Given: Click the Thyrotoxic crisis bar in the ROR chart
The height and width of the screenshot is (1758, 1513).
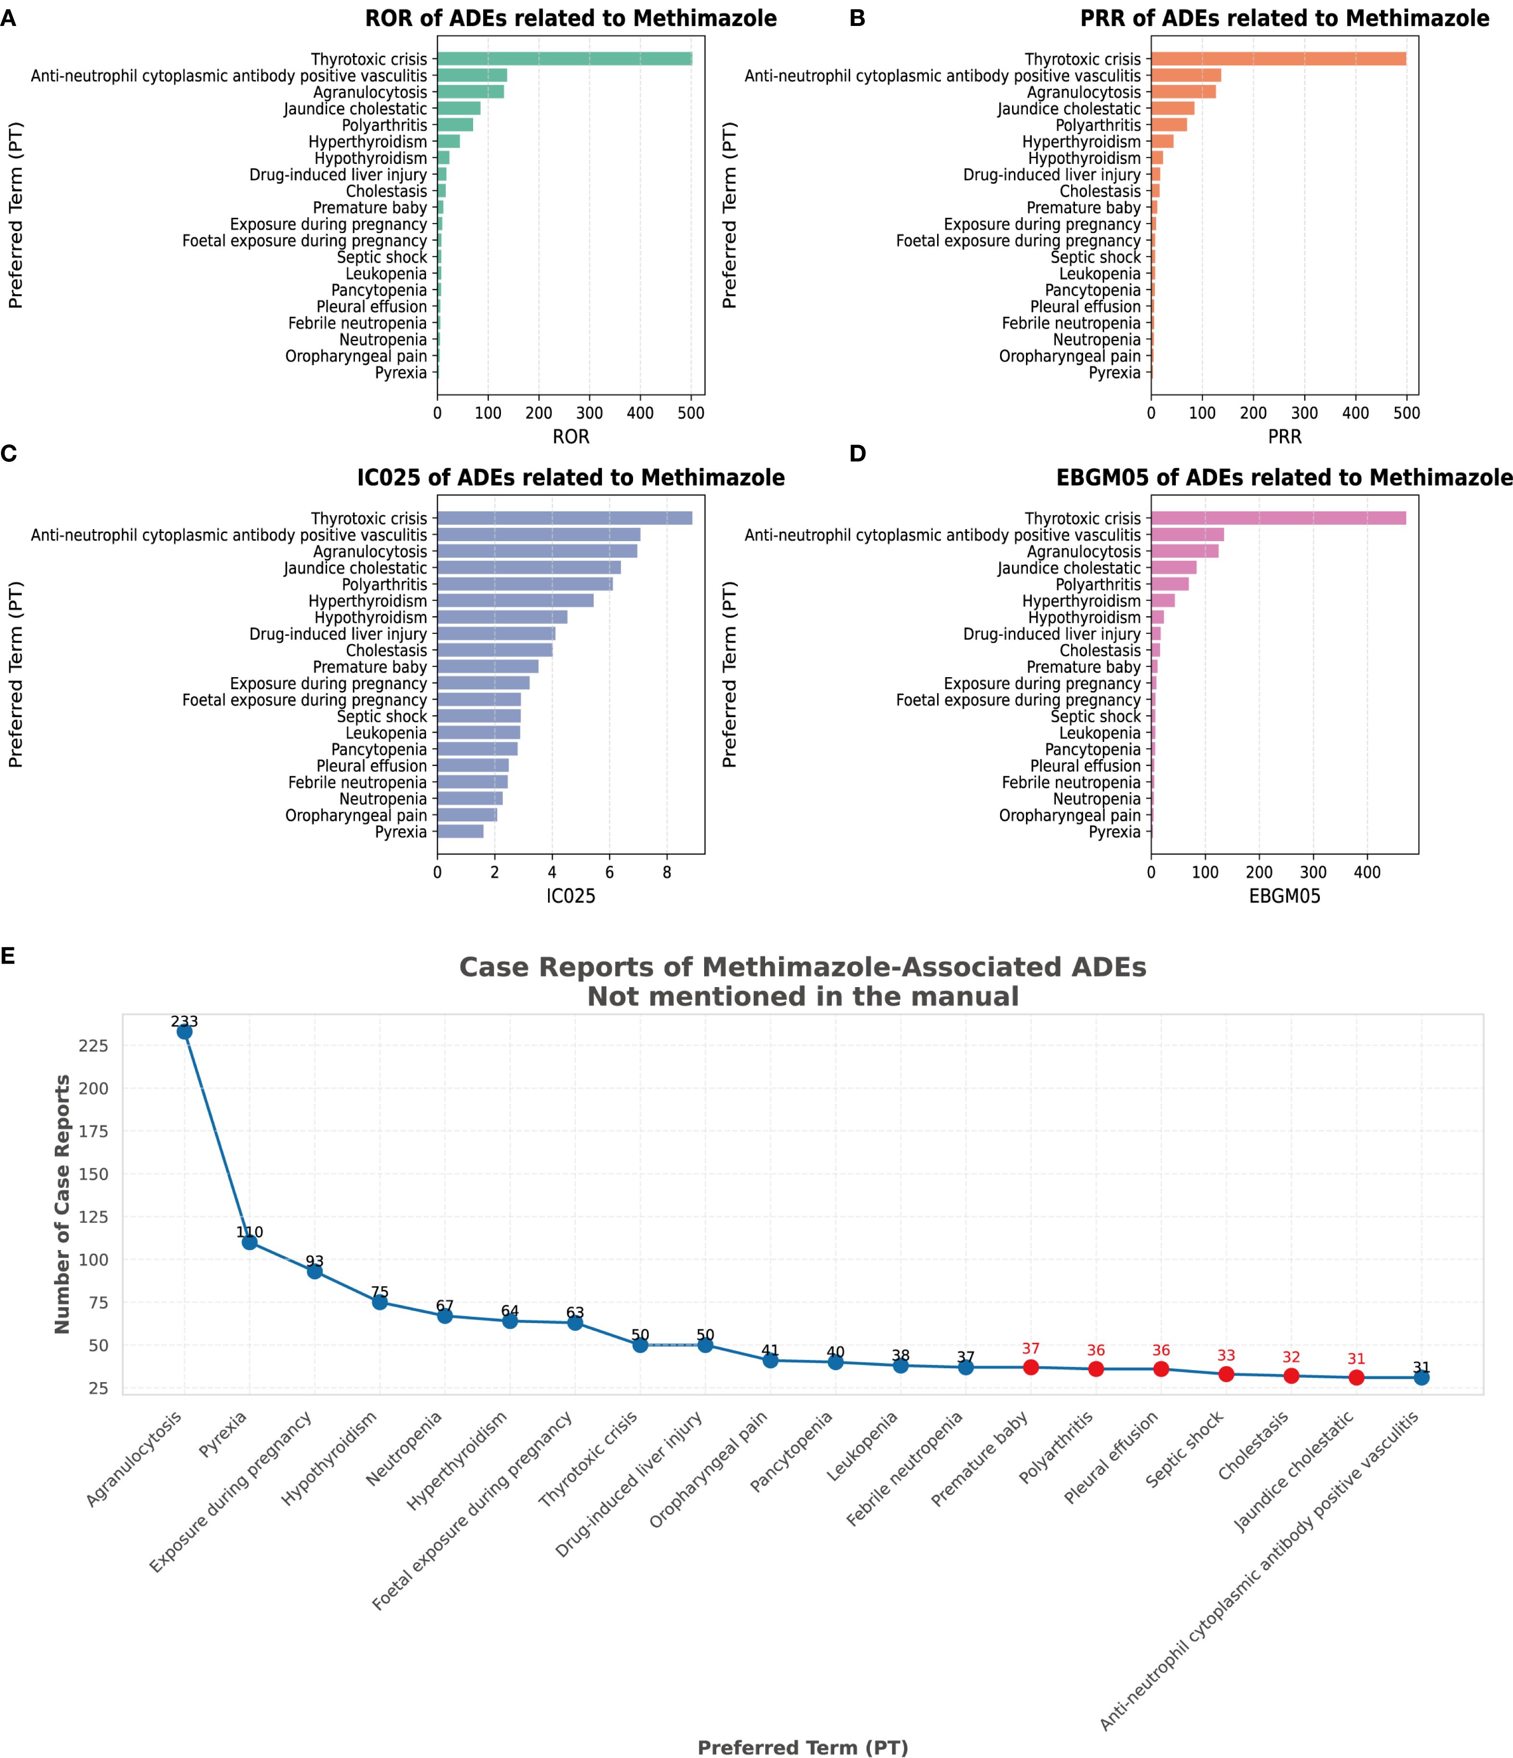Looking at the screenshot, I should coord(564,59).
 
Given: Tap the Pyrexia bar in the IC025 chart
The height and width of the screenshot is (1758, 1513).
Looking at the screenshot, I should coord(460,831).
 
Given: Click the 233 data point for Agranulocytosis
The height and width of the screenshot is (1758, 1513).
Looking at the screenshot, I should coord(184,1031).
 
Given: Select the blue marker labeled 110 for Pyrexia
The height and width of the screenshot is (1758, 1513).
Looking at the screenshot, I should coord(249,1242).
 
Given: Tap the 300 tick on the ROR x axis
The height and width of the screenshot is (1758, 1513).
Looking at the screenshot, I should coord(589,413).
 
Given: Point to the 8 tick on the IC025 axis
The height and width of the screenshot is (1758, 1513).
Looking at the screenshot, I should coord(667,872).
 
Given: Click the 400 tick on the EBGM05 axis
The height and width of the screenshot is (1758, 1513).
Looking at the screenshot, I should coord(1367,872).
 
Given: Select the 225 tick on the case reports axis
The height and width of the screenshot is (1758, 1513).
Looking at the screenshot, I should coord(93,1045).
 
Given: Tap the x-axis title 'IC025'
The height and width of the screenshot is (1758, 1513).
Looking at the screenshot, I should coord(571,896).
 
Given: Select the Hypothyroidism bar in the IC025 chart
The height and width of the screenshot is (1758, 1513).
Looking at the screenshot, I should coord(502,617).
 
